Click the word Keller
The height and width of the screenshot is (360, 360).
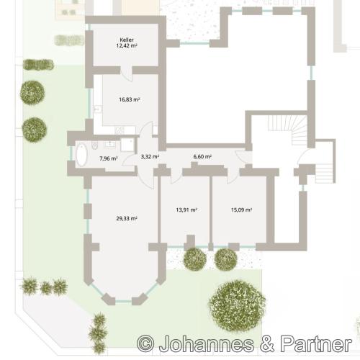coord(127,39)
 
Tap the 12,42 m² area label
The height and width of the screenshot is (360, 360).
coord(127,46)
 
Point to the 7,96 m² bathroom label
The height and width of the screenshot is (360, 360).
coord(108,158)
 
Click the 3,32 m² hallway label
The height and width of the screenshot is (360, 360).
coord(150,156)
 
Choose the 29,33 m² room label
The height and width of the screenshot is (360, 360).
coord(127,216)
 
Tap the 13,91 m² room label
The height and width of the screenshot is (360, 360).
coord(186,210)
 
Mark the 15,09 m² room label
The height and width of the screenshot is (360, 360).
coord(240,210)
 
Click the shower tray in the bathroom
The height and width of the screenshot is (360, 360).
coord(127,145)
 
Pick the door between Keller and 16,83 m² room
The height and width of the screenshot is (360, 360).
coord(124,70)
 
